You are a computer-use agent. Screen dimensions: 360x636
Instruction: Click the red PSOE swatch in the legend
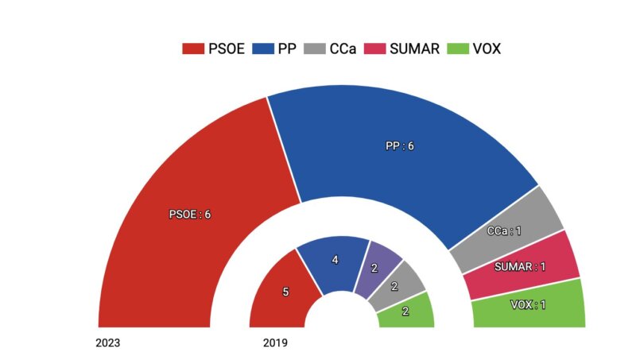pos(193,48)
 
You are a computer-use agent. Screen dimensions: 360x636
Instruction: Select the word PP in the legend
pos(287,48)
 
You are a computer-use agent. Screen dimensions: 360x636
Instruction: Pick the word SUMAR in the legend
pos(413,48)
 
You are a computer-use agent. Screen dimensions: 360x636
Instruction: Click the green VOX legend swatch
pos(459,48)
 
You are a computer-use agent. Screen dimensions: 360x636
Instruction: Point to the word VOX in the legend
pos(486,48)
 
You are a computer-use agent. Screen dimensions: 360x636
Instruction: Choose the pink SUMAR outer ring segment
pos(522,265)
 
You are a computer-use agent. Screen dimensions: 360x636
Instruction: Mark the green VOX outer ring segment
pos(529,304)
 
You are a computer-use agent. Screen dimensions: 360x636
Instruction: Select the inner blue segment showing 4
pos(334,261)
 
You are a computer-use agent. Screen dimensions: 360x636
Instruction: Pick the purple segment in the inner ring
pos(376,268)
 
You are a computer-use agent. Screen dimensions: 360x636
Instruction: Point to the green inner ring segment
pos(405,312)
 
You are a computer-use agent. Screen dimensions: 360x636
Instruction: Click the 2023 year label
pos(108,343)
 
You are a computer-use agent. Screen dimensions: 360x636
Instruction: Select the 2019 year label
pos(275,343)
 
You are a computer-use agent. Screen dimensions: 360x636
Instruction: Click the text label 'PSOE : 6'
pos(190,215)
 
